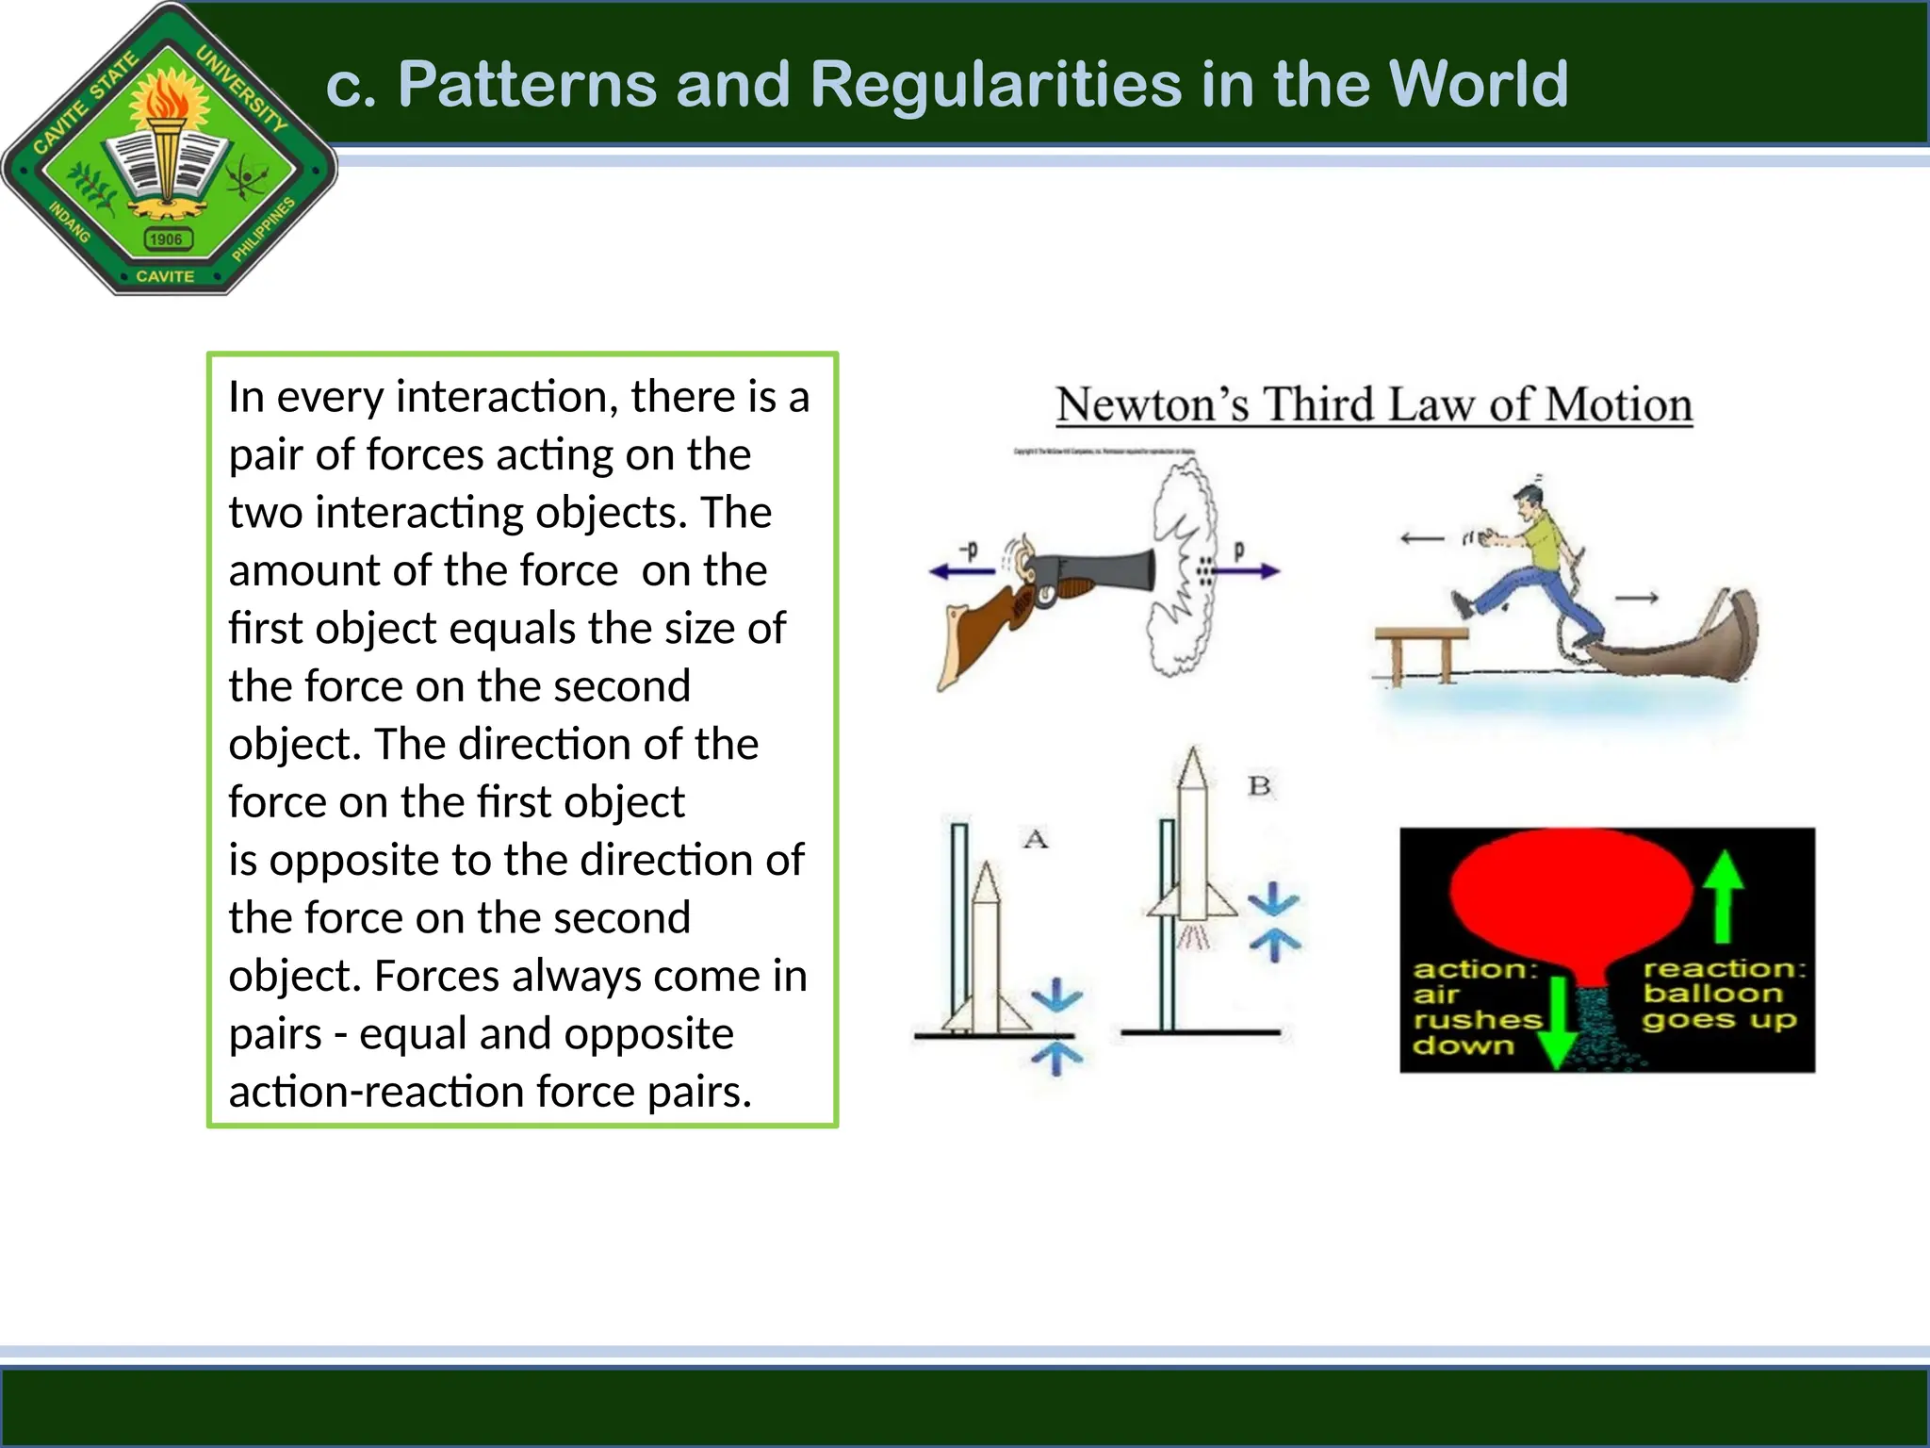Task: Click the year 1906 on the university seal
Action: click(166, 239)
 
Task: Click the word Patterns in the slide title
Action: click(527, 85)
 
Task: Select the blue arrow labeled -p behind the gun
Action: click(961, 570)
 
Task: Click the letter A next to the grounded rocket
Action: click(1036, 839)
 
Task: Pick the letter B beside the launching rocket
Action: click(1259, 785)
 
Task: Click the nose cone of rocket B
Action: click(1193, 768)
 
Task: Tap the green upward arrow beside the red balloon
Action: click(1724, 896)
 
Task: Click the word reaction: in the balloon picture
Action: click(1724, 968)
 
